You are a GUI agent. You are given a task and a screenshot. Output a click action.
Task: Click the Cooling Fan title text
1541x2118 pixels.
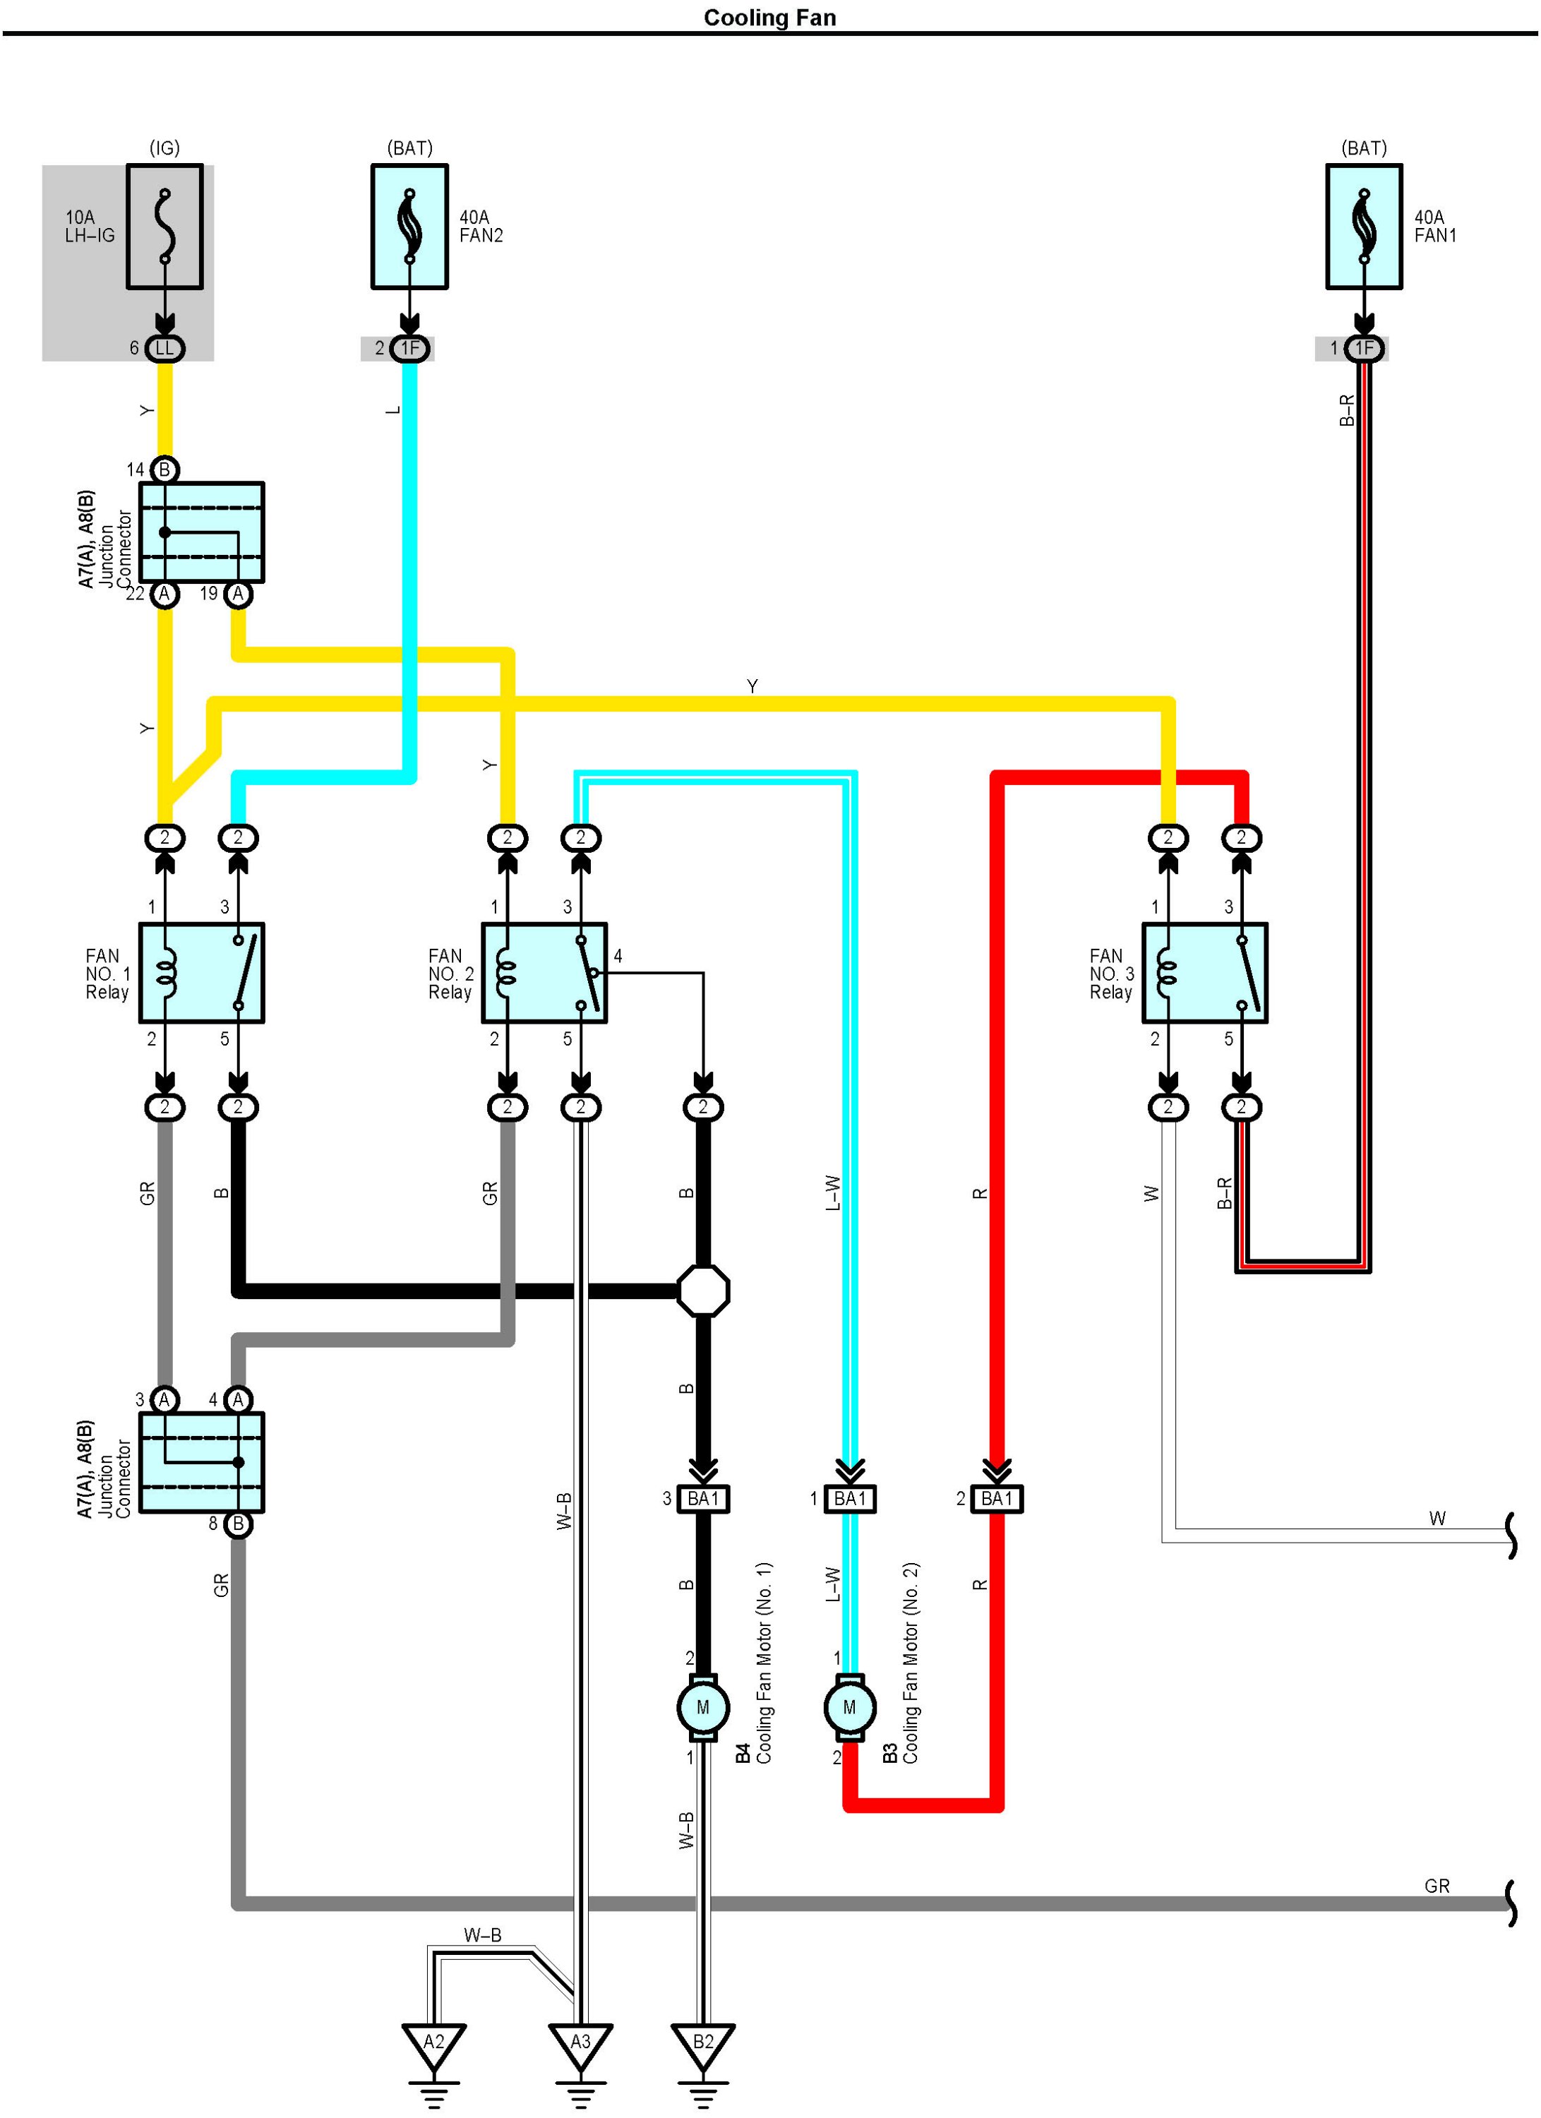769,18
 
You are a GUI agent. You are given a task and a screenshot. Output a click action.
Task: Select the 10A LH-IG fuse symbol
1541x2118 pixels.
165,227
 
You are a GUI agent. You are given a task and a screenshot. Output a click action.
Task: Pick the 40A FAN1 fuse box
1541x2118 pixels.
1364,227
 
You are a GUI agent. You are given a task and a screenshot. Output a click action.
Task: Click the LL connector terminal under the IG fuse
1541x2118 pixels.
165,348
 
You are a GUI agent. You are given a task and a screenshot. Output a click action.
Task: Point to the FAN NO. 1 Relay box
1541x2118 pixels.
202,973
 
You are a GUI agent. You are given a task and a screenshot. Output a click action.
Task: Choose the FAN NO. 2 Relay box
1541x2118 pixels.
544,973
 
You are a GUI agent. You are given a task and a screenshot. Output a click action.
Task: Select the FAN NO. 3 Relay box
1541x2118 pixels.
1205,973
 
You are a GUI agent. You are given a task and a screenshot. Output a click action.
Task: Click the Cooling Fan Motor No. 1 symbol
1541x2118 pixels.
702,1707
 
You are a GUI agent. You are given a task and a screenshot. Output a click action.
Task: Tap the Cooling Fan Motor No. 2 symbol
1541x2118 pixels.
849,1707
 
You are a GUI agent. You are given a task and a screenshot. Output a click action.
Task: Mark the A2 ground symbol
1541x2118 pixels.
434,2043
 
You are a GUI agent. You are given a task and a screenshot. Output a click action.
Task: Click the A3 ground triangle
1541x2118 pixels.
581,2043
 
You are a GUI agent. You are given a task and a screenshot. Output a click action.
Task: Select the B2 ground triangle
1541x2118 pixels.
702,2043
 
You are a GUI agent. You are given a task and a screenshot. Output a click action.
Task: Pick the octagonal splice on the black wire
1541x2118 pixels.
702,1291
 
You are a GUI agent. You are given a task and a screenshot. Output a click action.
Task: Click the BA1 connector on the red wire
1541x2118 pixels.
997,1499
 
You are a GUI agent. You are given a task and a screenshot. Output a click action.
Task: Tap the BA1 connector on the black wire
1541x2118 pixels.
702,1499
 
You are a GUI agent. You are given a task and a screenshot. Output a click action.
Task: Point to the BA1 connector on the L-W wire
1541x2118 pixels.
849,1499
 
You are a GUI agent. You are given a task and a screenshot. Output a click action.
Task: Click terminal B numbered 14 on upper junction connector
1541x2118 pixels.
165,469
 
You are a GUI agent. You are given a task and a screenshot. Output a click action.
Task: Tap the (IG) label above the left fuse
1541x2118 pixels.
164,148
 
